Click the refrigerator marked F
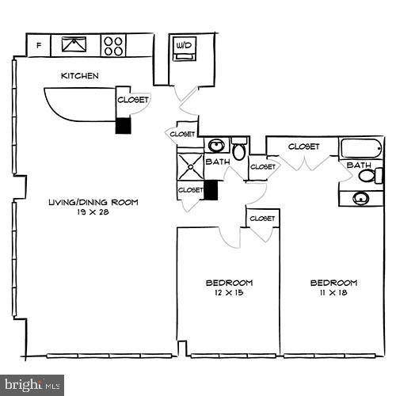[39, 45]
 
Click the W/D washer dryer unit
[184, 47]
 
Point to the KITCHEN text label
[80, 76]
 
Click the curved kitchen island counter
[79, 103]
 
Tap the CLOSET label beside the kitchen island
[132, 100]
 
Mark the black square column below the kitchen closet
[123, 126]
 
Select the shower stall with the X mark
[190, 167]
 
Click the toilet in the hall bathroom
[238, 148]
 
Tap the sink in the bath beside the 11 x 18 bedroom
[365, 198]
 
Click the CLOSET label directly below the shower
[190, 190]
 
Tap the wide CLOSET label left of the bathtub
[303, 147]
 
